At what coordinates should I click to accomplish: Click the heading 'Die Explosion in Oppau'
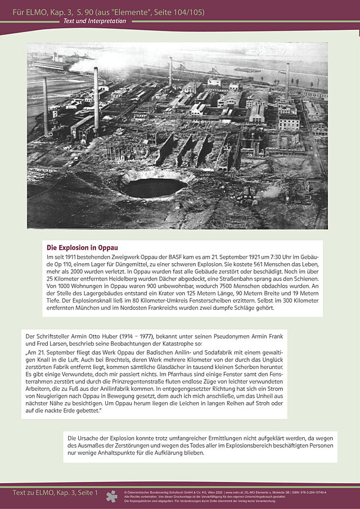82,247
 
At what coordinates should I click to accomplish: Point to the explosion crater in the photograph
153,187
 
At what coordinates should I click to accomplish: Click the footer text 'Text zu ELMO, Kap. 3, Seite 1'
55,493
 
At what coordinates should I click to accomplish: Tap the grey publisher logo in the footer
112,496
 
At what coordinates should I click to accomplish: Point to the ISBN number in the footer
306,492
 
